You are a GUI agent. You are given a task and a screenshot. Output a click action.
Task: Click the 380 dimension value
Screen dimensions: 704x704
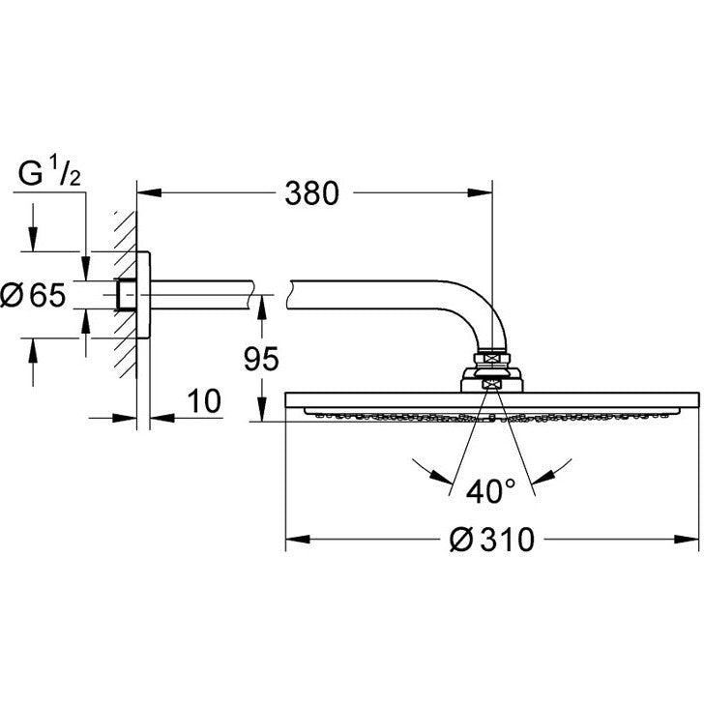pyautogui.click(x=311, y=193)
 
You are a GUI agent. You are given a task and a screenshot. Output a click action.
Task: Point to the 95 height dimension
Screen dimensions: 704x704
pyautogui.click(x=260, y=359)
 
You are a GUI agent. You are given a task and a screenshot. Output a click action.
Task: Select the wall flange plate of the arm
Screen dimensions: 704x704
pyautogui.click(x=143, y=295)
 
